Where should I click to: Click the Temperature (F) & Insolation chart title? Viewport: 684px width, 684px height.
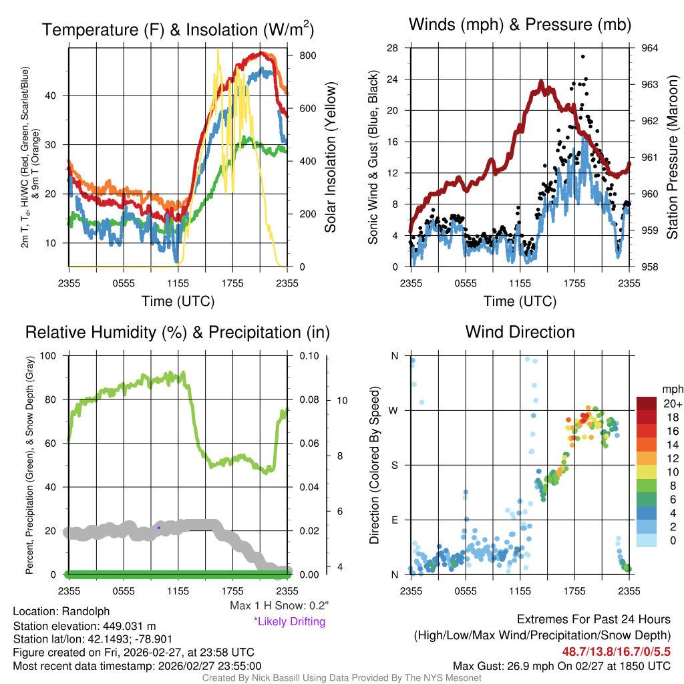(x=178, y=30)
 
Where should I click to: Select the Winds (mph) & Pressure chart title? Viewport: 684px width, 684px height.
(x=520, y=25)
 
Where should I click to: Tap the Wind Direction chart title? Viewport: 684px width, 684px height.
(x=520, y=332)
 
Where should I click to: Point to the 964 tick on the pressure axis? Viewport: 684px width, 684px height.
(x=651, y=48)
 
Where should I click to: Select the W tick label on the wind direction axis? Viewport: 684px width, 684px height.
(x=394, y=410)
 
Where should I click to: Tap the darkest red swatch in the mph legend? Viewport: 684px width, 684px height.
(x=647, y=403)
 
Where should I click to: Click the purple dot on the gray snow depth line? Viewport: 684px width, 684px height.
(x=158, y=528)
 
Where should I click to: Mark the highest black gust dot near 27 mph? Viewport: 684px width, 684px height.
(x=582, y=57)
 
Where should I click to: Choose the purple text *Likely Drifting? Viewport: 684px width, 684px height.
(x=289, y=622)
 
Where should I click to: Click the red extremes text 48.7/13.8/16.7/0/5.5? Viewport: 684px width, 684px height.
(x=613, y=651)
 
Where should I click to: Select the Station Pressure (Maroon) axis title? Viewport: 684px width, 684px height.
(x=673, y=157)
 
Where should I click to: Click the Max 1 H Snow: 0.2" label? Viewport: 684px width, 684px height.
(x=279, y=606)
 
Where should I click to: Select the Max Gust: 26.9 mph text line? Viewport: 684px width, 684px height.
(x=561, y=666)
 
